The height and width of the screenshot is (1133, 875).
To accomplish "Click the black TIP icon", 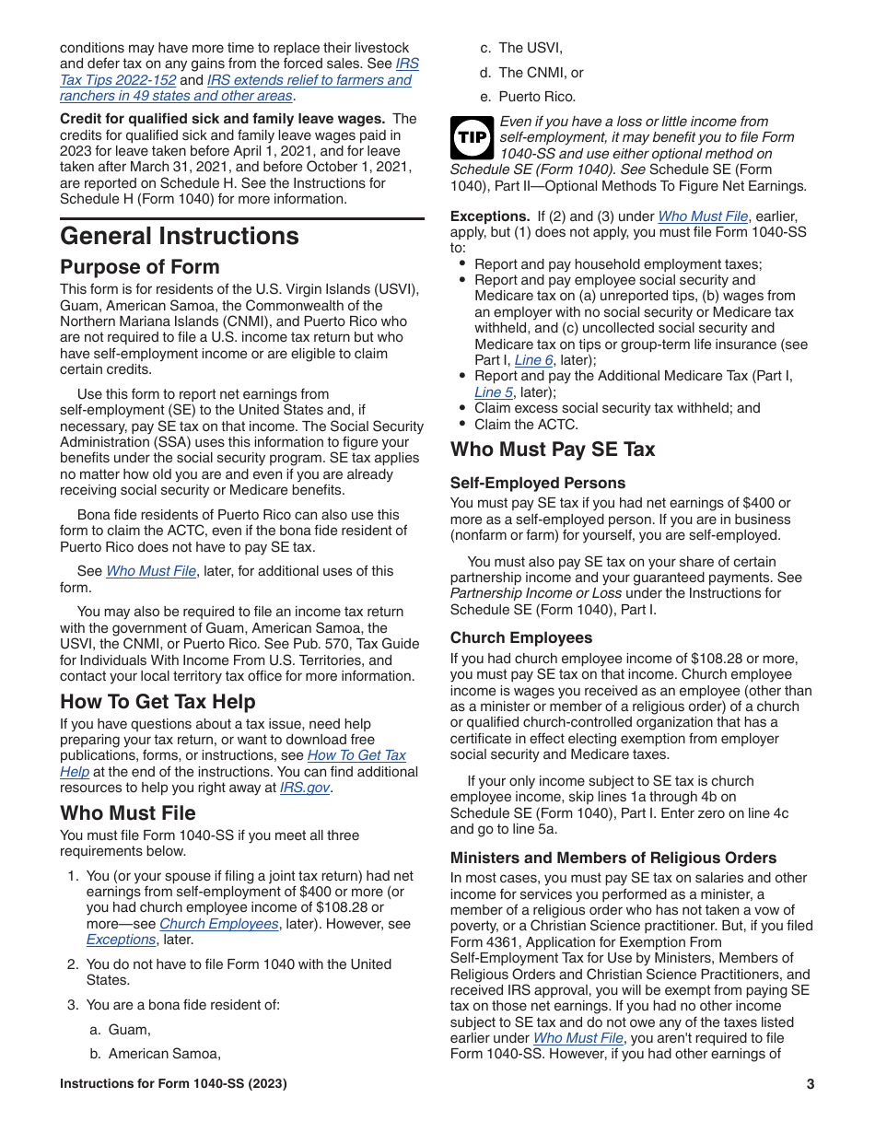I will click(472, 137).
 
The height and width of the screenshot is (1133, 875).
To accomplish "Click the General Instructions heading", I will click(180, 236).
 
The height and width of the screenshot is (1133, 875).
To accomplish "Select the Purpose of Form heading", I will click(140, 267).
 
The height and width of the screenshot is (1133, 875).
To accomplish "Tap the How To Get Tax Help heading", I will click(157, 702).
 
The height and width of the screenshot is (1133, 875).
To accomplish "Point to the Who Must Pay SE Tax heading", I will click(553, 450).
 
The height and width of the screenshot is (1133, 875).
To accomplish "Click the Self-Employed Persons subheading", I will click(538, 483).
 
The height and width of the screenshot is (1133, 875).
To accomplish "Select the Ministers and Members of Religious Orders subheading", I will click(613, 858).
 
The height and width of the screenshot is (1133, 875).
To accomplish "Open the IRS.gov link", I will click(305, 788).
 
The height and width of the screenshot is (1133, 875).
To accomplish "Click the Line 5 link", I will click(494, 392).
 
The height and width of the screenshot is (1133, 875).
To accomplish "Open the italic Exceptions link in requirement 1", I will click(121, 940).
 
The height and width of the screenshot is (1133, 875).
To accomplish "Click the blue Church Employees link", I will click(219, 924).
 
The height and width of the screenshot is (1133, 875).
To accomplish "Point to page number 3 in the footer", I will click(810, 1084).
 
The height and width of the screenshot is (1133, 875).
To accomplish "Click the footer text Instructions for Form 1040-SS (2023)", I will click(173, 1084).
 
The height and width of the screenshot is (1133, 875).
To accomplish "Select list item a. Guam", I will click(129, 1030).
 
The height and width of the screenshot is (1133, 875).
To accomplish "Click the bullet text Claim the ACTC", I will click(526, 425).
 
